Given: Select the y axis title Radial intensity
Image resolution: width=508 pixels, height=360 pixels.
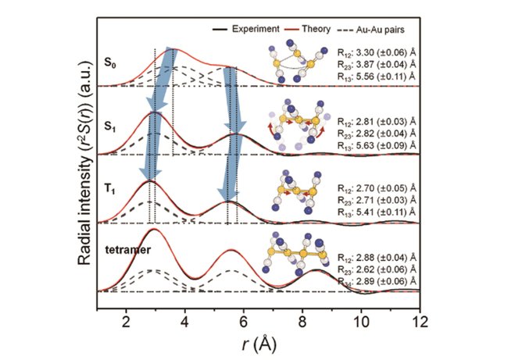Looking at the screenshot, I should coord(84,168).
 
